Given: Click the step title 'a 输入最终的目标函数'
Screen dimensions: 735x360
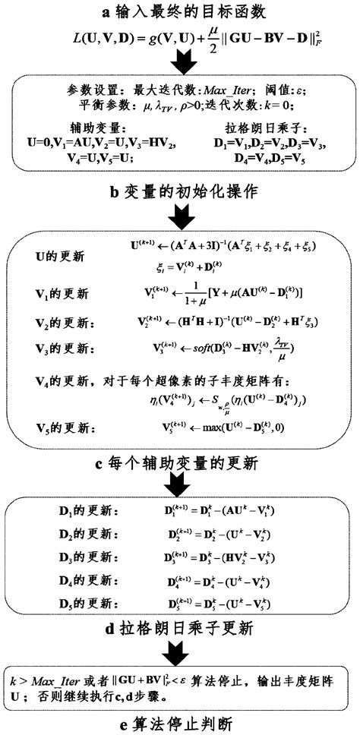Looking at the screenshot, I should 181,11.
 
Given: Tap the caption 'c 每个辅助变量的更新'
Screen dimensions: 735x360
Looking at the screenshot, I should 180,462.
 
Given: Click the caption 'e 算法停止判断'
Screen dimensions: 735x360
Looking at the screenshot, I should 180,718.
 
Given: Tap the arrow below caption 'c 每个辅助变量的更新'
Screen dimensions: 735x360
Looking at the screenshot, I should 180,486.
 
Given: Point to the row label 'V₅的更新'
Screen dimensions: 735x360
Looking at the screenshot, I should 62,427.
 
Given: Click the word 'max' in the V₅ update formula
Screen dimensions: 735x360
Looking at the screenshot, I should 221,427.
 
